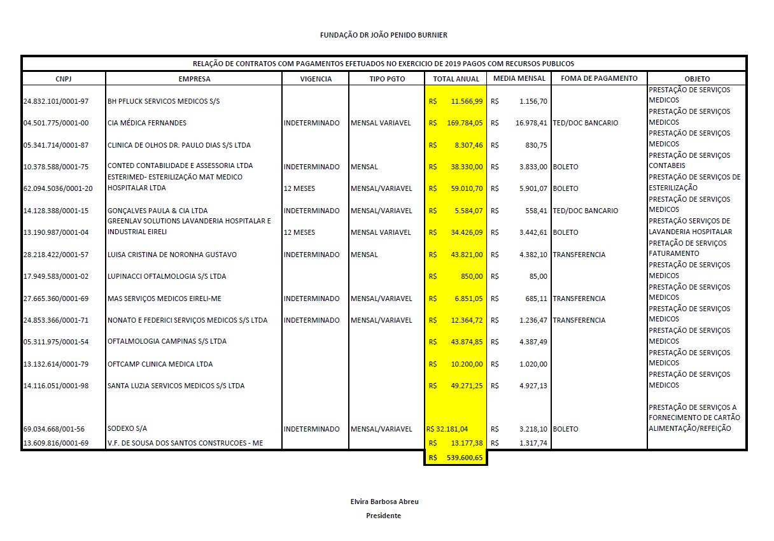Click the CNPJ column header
(64, 79)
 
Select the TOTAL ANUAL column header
(455, 79)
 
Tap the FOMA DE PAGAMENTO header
(598, 79)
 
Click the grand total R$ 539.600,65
(455, 458)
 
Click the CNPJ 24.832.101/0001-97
(55, 101)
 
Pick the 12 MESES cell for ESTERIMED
(299, 188)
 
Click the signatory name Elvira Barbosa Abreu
(384, 502)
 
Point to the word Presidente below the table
(383, 516)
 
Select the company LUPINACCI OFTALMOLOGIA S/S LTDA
(167, 276)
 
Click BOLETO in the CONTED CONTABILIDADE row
(566, 167)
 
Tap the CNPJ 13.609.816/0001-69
(55, 443)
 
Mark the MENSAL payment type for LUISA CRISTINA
(364, 255)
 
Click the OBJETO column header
(697, 79)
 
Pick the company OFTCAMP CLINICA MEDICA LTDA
(160, 364)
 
